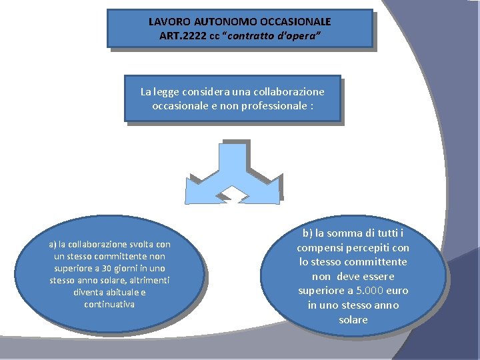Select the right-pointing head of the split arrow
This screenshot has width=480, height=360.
tap(270, 189)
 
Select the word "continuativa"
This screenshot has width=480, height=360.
tap(109, 304)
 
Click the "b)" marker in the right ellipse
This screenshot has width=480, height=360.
tap(307, 233)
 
